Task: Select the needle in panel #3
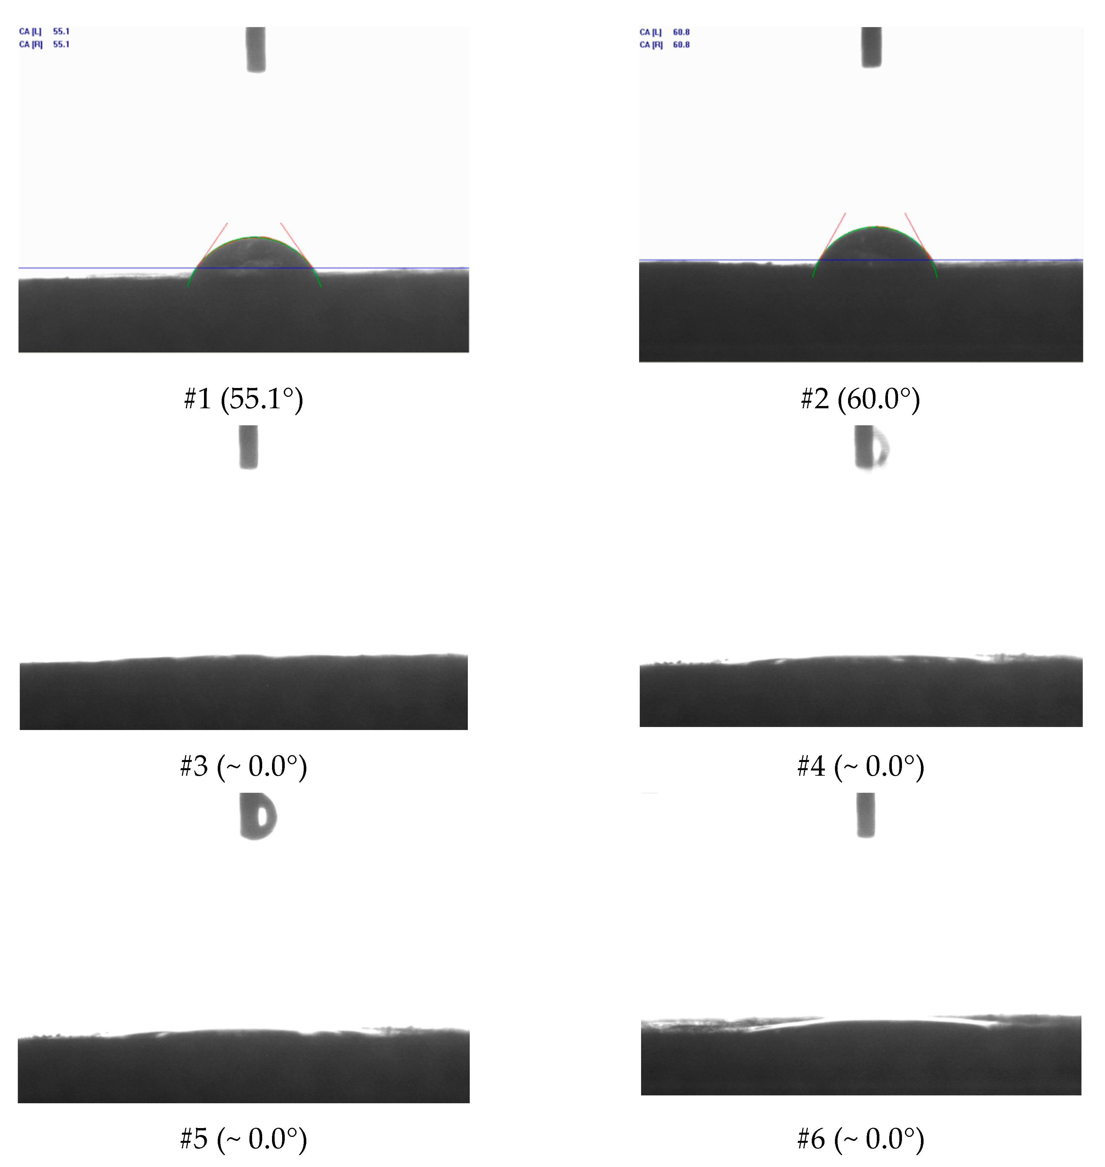coord(248,448)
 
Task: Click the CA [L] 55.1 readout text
coord(44,32)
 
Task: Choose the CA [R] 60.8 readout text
coord(664,45)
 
